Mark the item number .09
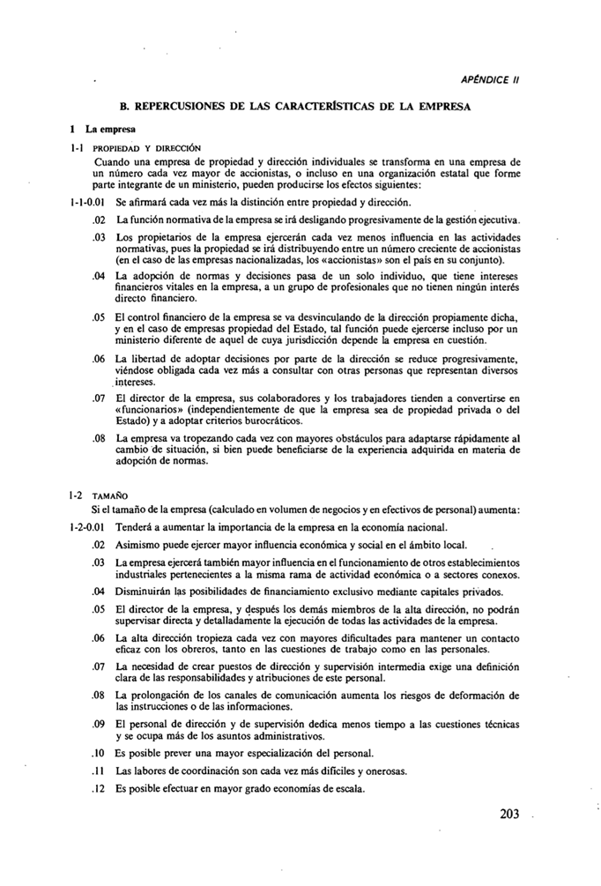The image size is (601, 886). pyautogui.click(x=100, y=724)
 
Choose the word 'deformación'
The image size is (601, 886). pyautogui.click(x=482, y=695)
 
